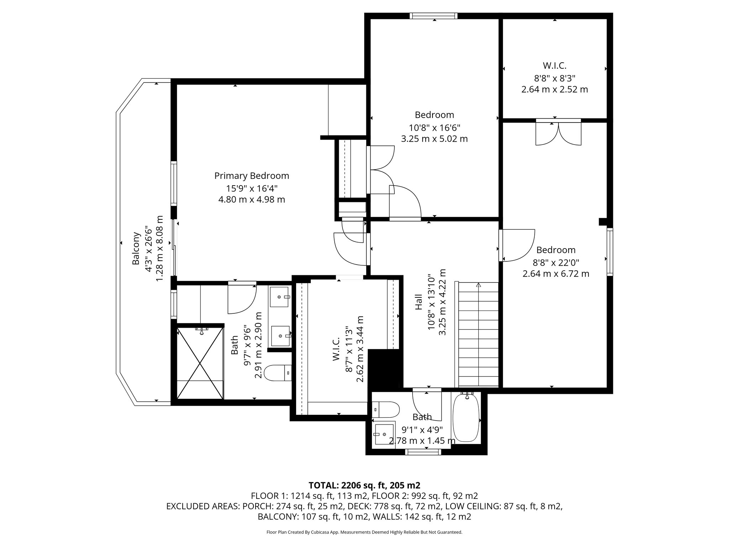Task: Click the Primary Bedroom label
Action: click(251, 176)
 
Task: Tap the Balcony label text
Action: click(136, 248)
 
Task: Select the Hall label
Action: click(419, 302)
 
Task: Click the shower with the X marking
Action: click(200, 363)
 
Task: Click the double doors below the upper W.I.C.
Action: click(558, 134)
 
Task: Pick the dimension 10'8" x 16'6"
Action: click(434, 127)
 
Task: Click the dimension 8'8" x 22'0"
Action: click(556, 262)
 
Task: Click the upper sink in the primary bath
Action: click(279, 297)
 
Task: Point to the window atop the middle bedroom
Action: click(433, 16)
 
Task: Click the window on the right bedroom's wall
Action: click(610, 252)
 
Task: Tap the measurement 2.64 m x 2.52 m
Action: click(554, 89)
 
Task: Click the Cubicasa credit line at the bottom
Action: click(364, 532)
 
